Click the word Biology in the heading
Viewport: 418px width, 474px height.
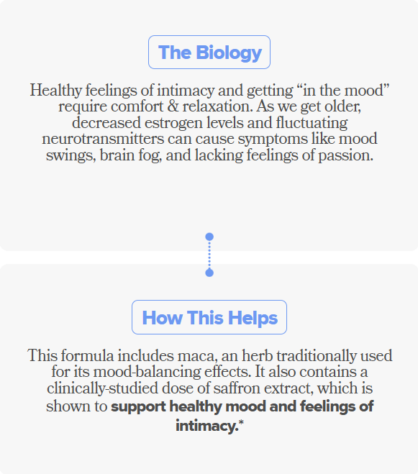pyautogui.click(x=229, y=53)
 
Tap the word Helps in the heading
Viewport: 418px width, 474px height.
pyautogui.click(x=253, y=318)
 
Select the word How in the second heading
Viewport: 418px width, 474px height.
pyautogui.click(x=162, y=318)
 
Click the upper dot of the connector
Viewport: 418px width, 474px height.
pyautogui.click(x=209, y=237)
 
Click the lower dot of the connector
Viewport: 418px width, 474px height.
pyautogui.click(x=209, y=273)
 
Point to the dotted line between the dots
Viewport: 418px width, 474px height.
pyautogui.click(x=209, y=255)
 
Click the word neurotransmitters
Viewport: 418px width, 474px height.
pyautogui.click(x=103, y=139)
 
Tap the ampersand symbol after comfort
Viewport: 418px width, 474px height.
pyautogui.click(x=173, y=106)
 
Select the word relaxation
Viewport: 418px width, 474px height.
pyautogui.click(x=217, y=106)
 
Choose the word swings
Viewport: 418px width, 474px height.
pyautogui.click(x=71, y=156)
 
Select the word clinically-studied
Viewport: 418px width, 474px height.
pyautogui.click(x=102, y=388)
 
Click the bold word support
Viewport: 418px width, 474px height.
pyautogui.click(x=138, y=407)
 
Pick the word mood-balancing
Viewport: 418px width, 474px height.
pyautogui.click(x=147, y=372)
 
